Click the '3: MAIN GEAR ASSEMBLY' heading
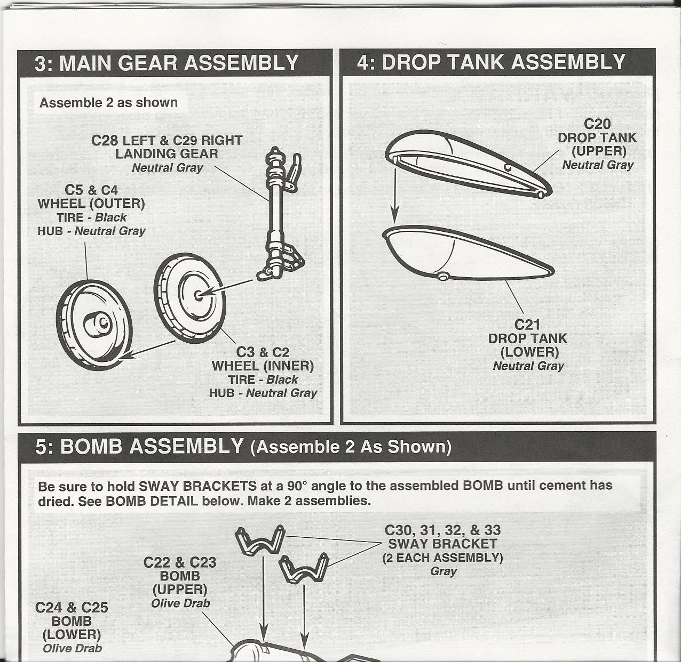coord(166,63)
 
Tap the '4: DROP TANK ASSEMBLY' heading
coord(490,62)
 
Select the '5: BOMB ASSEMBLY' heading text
coord(139,446)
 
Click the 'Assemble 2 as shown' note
coord(108,102)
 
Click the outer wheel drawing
coord(93,319)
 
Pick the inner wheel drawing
coord(189,296)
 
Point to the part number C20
coord(597,124)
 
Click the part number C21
coord(527,325)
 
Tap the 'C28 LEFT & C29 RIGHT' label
coord(167,141)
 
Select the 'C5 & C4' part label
coord(91,190)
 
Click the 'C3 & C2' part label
coord(263,352)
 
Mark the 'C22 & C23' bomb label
coord(180,562)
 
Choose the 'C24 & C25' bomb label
coord(72,608)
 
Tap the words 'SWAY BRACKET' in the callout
coord(442,544)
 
